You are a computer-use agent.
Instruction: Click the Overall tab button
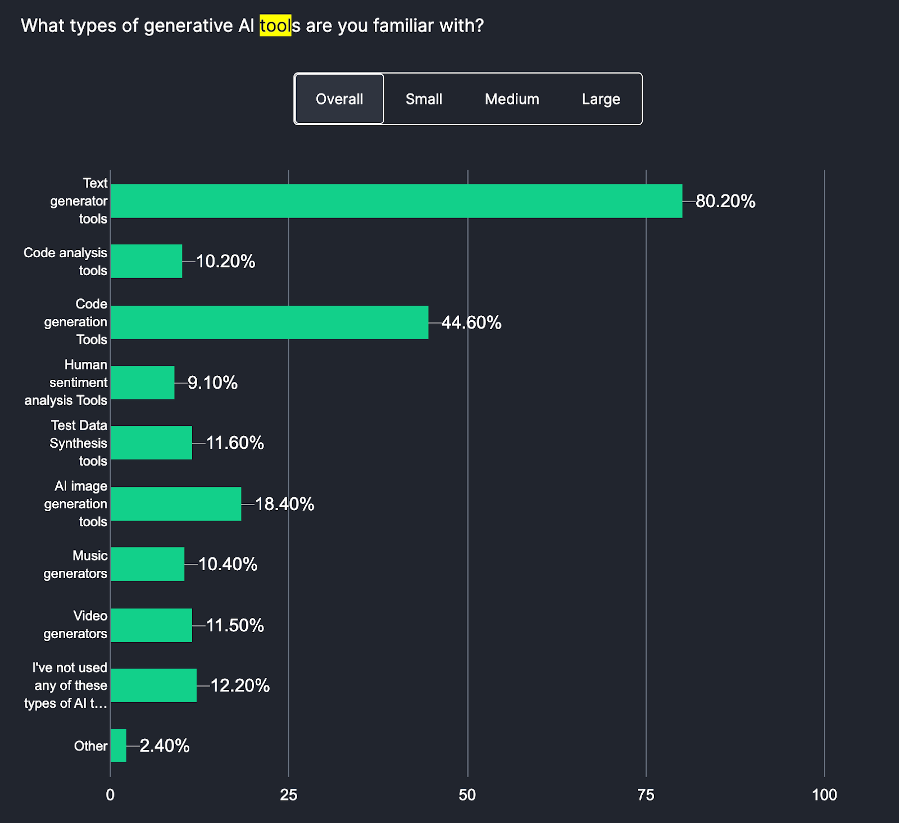[339, 99]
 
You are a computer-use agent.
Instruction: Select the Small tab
[424, 99]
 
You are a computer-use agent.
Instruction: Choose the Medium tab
[512, 99]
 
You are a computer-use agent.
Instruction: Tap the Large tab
[601, 99]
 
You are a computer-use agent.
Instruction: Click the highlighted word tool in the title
[275, 26]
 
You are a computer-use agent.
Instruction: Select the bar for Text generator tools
[396, 201]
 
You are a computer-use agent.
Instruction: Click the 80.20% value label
[725, 201]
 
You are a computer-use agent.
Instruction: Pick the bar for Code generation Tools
[269, 322]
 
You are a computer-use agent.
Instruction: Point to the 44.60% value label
[471, 322]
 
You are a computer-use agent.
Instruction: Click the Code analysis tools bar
[146, 261]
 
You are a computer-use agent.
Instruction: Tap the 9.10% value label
[212, 383]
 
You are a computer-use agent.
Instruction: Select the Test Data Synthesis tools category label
[79, 443]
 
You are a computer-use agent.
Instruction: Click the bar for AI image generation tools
[176, 504]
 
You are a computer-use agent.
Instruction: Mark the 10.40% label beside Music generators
[228, 564]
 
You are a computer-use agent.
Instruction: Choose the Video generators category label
[75, 625]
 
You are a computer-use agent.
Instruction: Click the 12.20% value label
[240, 685]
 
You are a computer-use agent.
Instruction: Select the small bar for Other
[119, 745]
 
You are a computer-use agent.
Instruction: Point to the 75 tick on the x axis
[646, 795]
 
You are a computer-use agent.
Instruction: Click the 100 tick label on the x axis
[824, 795]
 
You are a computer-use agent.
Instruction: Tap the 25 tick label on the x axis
[288, 795]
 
